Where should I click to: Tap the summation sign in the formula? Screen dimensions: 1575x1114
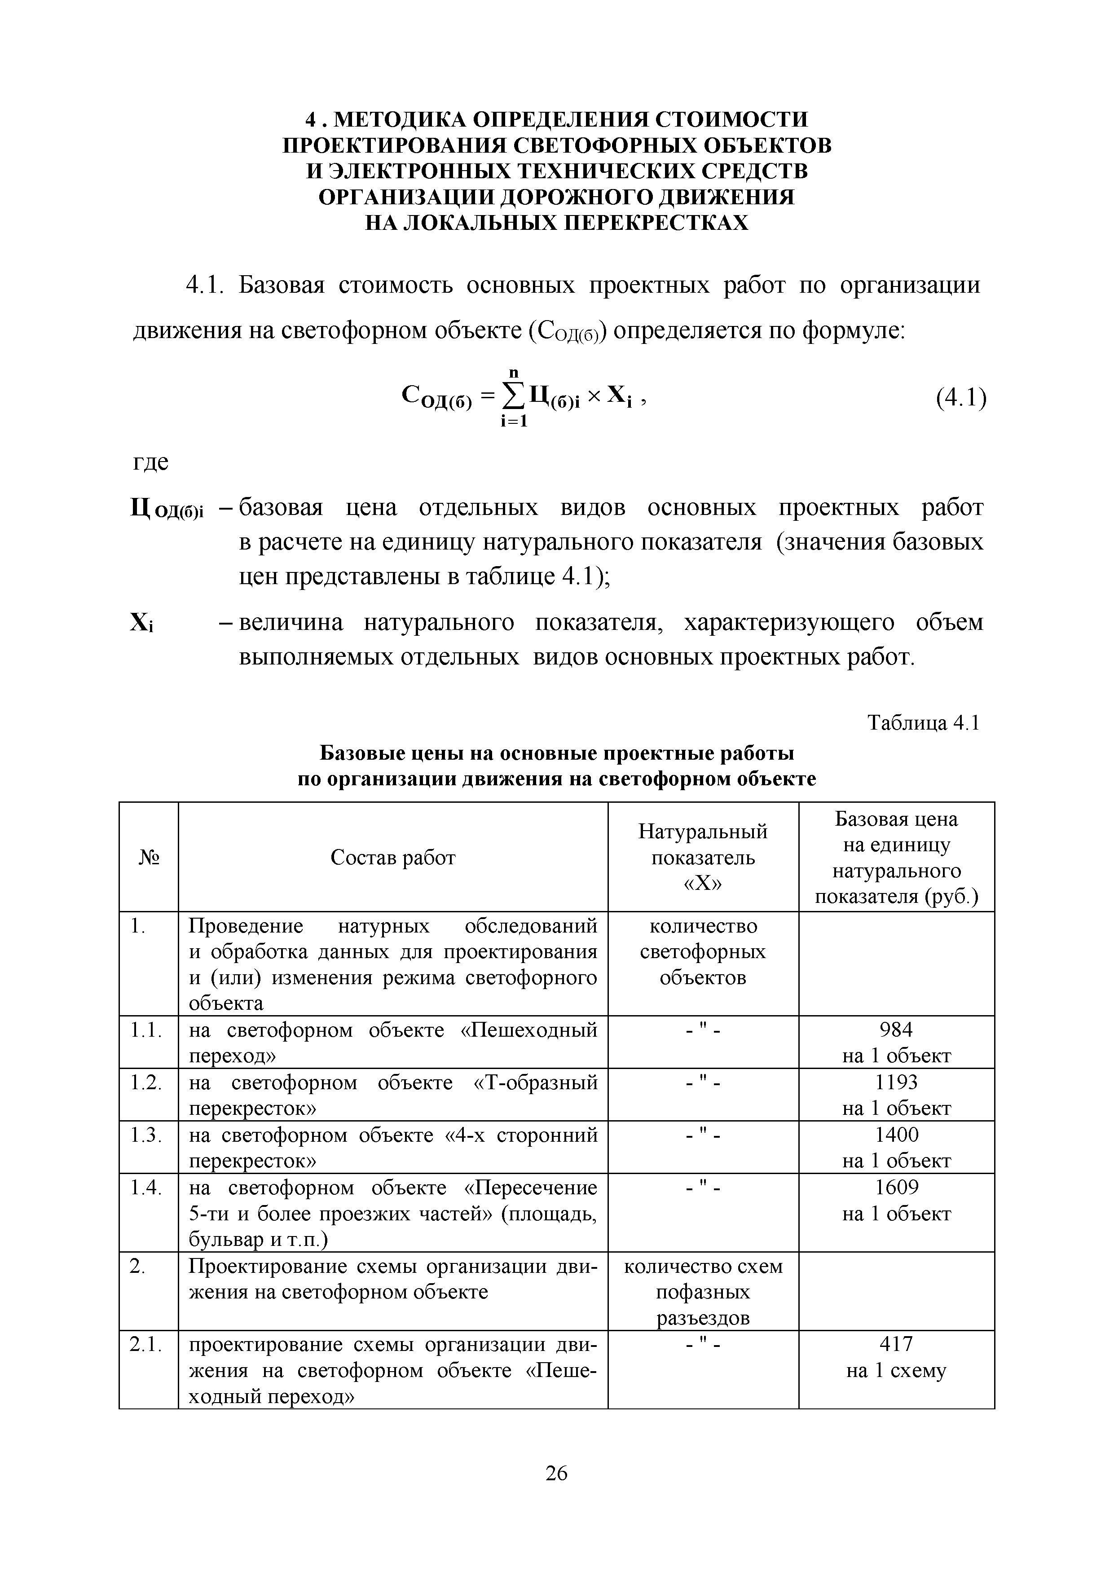tap(515, 396)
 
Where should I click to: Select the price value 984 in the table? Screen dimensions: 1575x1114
tap(896, 1029)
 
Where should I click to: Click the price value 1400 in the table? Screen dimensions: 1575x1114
tap(896, 1135)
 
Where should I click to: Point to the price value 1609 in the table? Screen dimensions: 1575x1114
tap(896, 1188)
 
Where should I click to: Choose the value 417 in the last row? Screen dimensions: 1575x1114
tap(896, 1344)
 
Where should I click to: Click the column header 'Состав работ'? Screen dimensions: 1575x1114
tap(392, 858)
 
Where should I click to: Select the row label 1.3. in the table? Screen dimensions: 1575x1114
tap(146, 1135)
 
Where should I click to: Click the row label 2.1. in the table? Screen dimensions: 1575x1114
tap(146, 1345)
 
